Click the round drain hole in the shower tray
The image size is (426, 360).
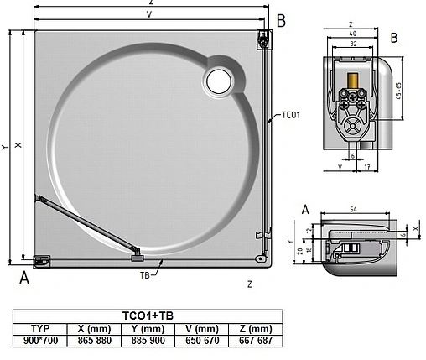[x=220, y=80]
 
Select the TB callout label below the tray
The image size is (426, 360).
[x=146, y=274]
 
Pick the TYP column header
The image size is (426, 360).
[x=39, y=328]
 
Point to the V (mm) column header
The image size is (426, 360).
[x=201, y=328]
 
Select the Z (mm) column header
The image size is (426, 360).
[x=254, y=328]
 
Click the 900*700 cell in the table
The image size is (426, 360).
[x=39, y=340]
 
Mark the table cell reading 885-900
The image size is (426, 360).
[x=148, y=340]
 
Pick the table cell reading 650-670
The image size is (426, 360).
[x=201, y=340]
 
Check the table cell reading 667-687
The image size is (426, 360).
[x=254, y=340]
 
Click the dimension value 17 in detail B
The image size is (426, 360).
[x=367, y=167]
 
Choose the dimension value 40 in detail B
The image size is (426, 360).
[x=354, y=34]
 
